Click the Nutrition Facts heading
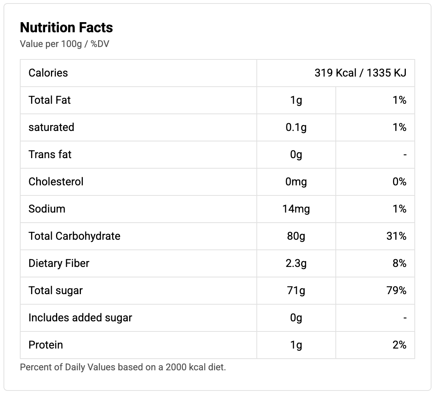[x=66, y=28]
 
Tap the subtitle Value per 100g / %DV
[x=65, y=44]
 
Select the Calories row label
[x=48, y=73]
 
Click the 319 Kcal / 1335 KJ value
[x=360, y=73]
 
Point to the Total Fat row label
[x=50, y=100]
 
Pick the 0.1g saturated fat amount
[x=296, y=127]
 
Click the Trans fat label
[x=50, y=154]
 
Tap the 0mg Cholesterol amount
[x=296, y=181]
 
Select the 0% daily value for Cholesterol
[x=399, y=181]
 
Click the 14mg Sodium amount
[x=296, y=209]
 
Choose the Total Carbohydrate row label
[x=74, y=236]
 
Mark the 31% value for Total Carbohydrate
[x=396, y=236]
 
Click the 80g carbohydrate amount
[x=296, y=236]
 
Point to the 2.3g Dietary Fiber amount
[x=296, y=263]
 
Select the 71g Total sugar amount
[x=296, y=290]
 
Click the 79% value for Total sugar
[x=396, y=290]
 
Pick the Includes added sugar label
[x=80, y=317]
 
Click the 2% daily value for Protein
[x=399, y=345]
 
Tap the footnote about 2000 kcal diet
[x=123, y=367]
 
